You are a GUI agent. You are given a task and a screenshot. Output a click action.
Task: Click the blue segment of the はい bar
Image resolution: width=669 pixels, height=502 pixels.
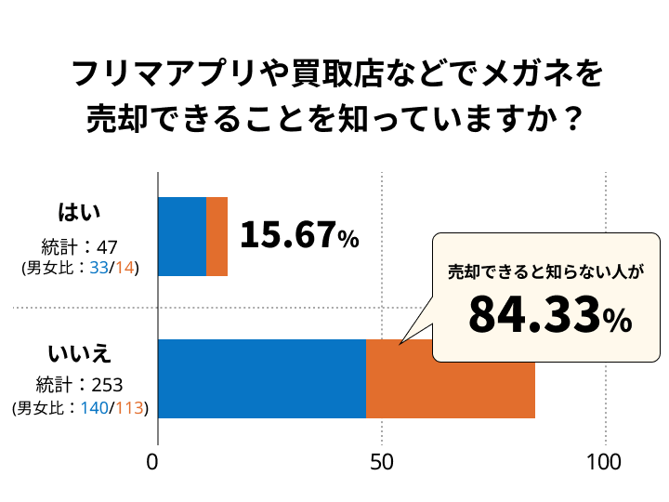coord(182,236)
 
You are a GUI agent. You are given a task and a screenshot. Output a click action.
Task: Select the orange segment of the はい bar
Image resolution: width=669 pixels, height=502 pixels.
coord(216,236)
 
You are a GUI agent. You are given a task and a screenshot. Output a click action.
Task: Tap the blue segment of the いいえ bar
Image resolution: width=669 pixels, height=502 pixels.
coord(262,378)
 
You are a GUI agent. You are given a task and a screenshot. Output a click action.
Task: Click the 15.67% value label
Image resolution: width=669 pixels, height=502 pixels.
coord(299,236)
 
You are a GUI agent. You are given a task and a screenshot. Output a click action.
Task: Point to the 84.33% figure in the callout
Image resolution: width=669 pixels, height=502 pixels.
coord(549,315)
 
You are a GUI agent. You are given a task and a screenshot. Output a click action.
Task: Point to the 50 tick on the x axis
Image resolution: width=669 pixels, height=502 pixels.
coord(381,462)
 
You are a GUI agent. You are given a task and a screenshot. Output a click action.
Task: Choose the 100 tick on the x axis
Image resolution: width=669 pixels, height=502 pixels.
coord(605,462)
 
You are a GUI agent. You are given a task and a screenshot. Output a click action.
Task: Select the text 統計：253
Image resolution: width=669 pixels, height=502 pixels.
coord(80,385)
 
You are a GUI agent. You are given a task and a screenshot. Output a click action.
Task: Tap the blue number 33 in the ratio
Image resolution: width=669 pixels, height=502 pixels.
coord(97,268)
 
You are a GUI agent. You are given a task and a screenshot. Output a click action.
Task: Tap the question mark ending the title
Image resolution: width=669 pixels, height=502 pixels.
coord(574,119)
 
